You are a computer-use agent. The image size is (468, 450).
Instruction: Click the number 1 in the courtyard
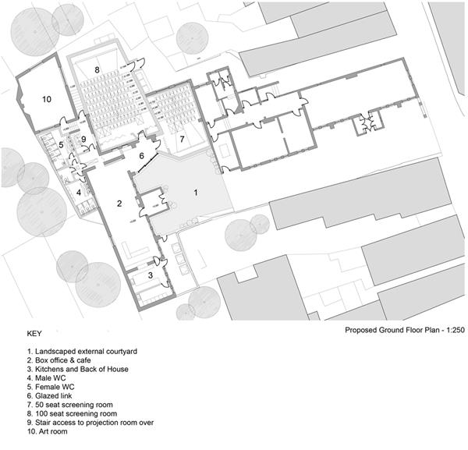(x=196, y=191)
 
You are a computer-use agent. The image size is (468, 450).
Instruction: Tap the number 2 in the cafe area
(x=119, y=204)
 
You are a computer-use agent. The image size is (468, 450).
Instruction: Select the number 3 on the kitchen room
(x=151, y=276)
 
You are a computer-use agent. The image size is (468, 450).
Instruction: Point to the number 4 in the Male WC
(x=79, y=192)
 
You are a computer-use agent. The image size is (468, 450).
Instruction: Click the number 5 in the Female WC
(x=61, y=145)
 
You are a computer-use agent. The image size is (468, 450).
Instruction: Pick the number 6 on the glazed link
(x=141, y=156)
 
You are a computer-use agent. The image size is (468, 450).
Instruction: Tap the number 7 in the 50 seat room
(x=182, y=139)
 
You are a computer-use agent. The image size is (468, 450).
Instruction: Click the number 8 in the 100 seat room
(x=97, y=69)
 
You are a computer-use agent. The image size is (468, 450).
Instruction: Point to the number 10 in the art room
(x=46, y=99)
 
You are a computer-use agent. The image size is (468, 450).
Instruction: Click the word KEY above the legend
(x=36, y=334)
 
